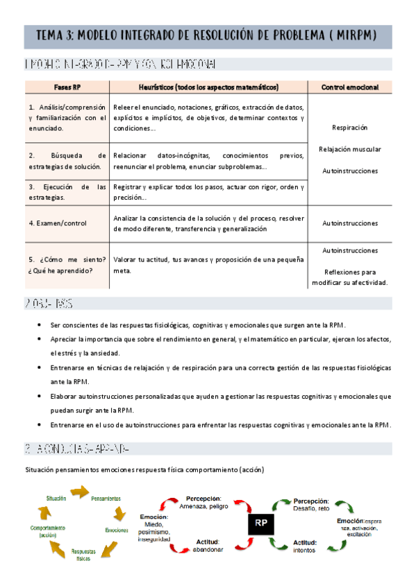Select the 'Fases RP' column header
68,87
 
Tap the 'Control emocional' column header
349,87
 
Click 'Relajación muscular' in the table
349,149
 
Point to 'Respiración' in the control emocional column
349,128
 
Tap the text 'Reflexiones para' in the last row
349,272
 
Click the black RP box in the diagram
261,524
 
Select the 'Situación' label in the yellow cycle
56,499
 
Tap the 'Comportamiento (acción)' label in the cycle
48,531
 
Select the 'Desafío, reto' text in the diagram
313,508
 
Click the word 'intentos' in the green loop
304,550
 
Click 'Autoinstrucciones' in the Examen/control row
349,223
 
